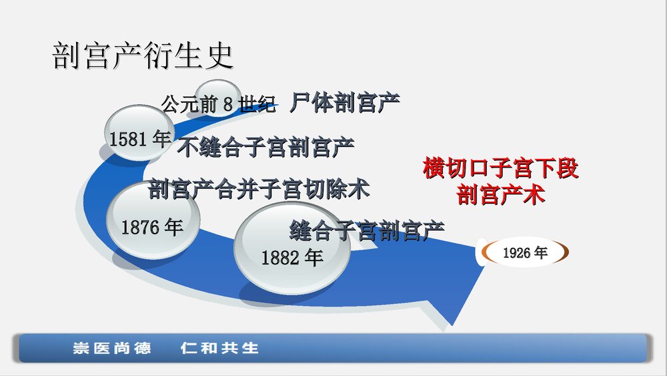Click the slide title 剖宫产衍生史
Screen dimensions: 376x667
[x=143, y=57]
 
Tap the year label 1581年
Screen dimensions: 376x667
[x=140, y=139]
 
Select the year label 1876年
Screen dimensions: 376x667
[x=152, y=228]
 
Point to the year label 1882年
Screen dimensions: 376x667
[x=291, y=258]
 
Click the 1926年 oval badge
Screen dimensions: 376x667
[x=524, y=253]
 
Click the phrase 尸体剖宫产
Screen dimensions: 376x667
[x=345, y=103]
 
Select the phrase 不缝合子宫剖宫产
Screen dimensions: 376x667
[x=265, y=148]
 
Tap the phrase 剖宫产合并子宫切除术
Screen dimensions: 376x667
[x=259, y=190]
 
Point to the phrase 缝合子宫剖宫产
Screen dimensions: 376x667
[x=367, y=231]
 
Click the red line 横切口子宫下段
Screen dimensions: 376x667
[x=500, y=168]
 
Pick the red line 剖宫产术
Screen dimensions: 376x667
[x=500, y=195]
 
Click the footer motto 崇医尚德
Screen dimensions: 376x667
[x=112, y=348]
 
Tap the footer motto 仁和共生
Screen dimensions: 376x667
[x=219, y=348]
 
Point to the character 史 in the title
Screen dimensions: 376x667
[x=220, y=57]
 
